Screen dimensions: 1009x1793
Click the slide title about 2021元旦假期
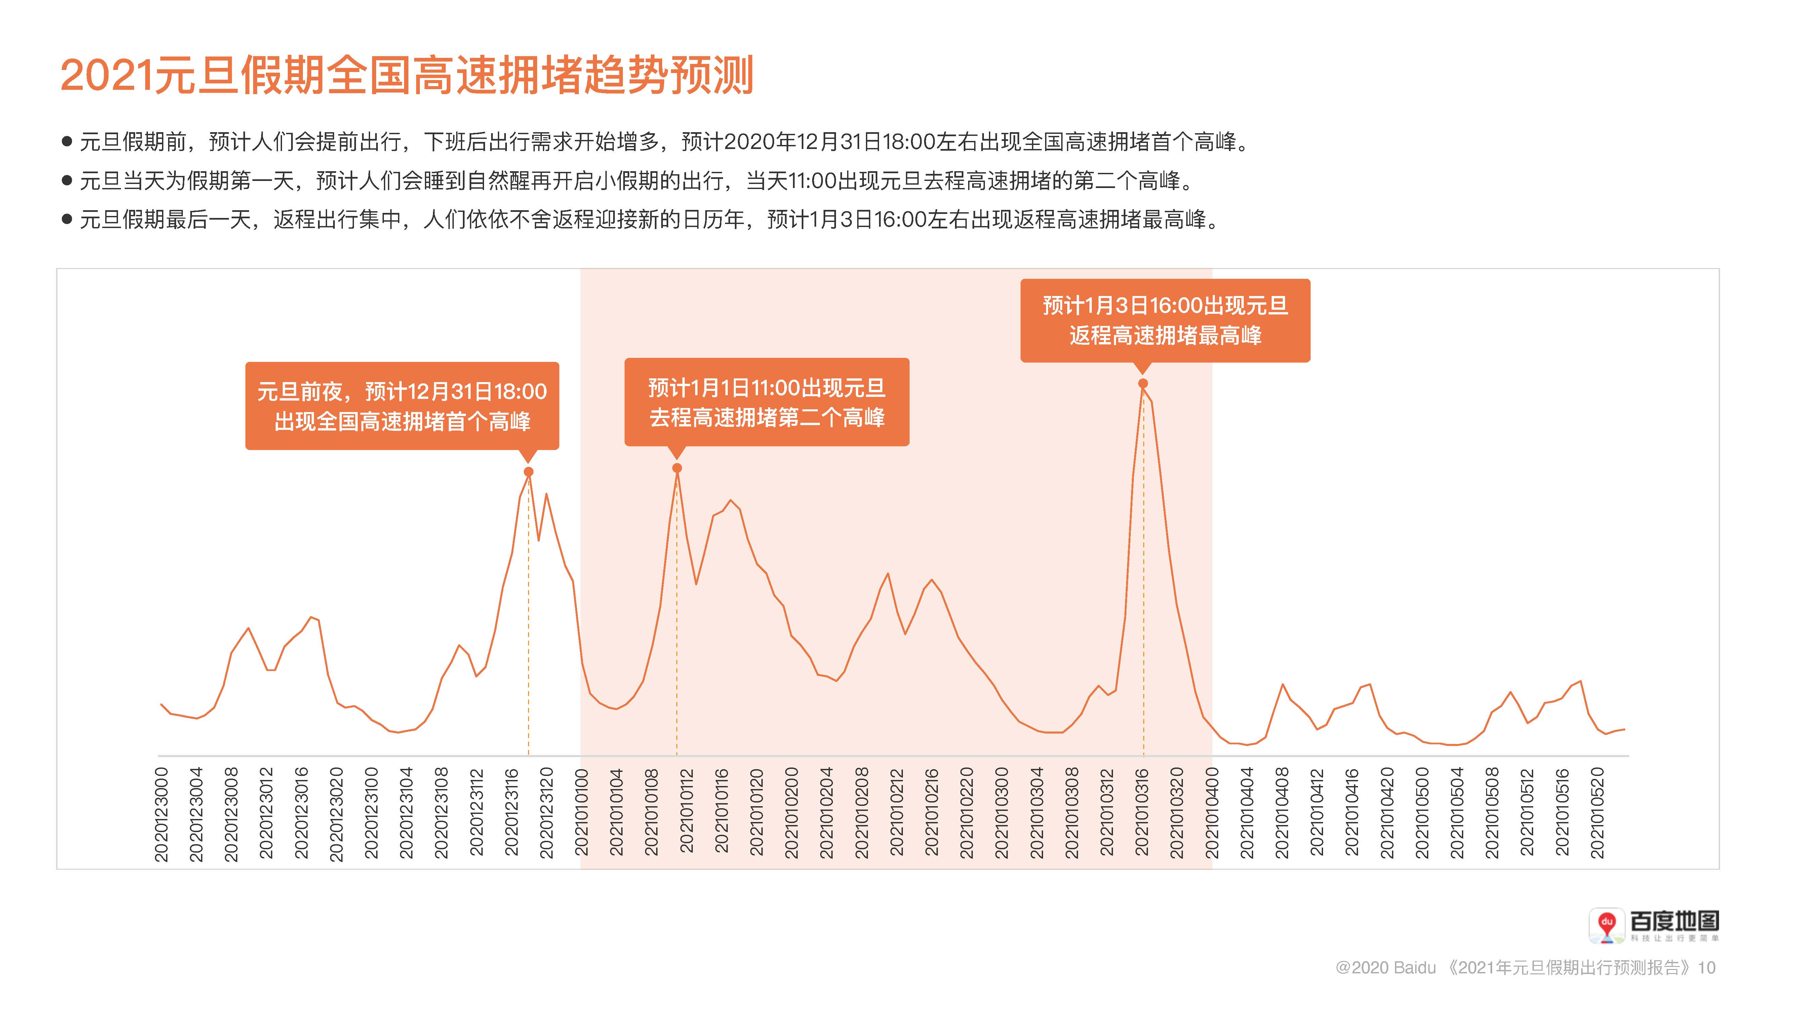pos(407,75)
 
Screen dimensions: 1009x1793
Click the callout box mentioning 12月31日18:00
pos(402,406)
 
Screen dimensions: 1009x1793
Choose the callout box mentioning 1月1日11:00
pos(766,403)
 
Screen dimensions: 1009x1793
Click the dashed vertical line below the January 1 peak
pos(677,627)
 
